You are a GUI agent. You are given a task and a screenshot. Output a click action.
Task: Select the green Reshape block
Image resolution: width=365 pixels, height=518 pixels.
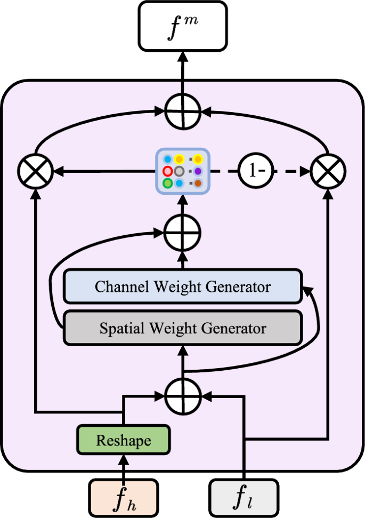(x=123, y=441)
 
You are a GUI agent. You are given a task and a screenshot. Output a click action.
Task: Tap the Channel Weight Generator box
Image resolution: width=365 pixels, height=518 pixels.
(x=182, y=287)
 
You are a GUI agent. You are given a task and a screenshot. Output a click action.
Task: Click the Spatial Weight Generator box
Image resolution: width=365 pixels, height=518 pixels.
(x=182, y=328)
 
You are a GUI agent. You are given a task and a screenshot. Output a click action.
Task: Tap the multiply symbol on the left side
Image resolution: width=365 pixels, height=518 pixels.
(x=35, y=172)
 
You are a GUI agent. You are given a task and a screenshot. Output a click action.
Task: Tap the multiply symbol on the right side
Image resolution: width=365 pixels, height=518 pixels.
(x=329, y=172)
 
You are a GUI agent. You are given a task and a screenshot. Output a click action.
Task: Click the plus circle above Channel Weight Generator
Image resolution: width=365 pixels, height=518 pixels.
(x=182, y=232)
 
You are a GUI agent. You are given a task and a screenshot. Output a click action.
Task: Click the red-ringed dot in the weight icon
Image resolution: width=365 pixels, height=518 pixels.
(x=167, y=171)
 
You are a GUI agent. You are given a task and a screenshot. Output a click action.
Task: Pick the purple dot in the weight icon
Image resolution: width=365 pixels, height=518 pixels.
(x=198, y=171)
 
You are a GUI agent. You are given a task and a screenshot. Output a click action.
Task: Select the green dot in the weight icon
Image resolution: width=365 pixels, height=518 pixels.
(x=167, y=184)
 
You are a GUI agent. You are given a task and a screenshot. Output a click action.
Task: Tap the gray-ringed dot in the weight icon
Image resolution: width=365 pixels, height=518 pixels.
(x=179, y=171)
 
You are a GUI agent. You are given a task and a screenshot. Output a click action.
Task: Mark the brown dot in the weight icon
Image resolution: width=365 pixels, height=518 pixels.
(x=198, y=184)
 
